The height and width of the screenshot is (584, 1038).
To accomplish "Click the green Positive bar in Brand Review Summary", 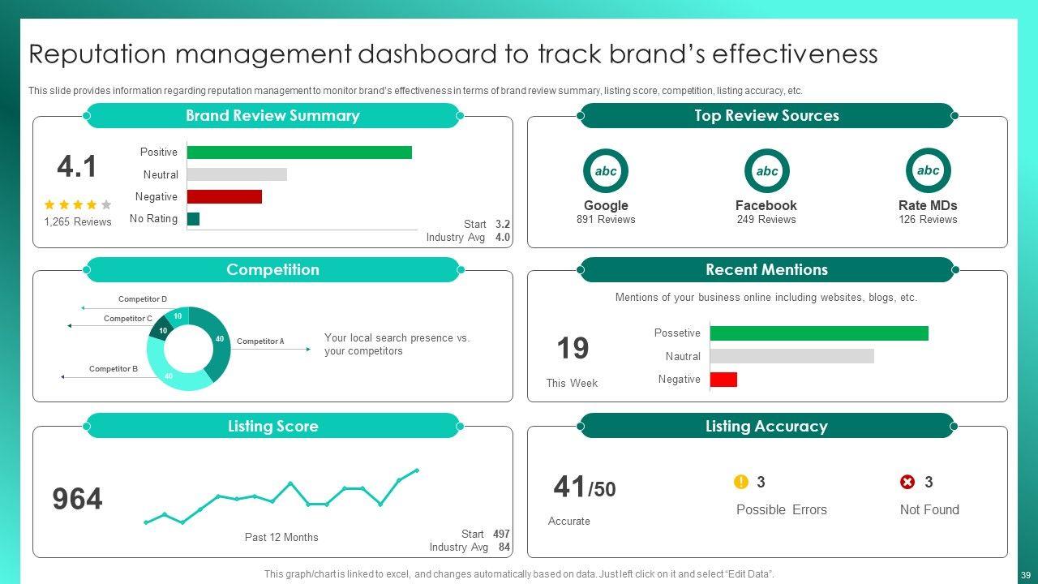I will (x=298, y=152).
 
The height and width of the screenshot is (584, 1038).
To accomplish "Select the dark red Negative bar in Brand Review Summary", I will (x=224, y=196).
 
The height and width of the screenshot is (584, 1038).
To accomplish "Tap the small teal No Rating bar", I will (x=193, y=219).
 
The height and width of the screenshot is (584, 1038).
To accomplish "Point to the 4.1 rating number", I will (x=77, y=166).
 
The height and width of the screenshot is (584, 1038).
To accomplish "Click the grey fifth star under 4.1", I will (x=106, y=205).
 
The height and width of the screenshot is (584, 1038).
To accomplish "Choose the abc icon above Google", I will (x=606, y=171).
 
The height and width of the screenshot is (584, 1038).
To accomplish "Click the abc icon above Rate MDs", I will (x=928, y=171).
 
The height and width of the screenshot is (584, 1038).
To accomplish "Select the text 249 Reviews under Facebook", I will (x=766, y=220).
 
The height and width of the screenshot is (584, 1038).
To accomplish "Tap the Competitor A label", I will (x=260, y=341).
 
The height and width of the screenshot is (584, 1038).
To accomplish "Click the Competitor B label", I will (x=114, y=369).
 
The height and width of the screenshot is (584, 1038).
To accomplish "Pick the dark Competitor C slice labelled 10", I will (x=161, y=329).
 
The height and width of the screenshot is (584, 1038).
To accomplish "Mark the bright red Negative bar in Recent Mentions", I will (x=723, y=380).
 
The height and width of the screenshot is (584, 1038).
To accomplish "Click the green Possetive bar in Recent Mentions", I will (x=818, y=333).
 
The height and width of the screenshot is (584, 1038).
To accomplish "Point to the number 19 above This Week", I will (x=573, y=349).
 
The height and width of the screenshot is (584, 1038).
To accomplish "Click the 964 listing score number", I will (x=78, y=499).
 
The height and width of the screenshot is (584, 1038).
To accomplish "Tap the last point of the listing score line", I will (x=417, y=470).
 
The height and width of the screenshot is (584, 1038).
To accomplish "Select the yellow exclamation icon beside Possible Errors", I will (x=740, y=482).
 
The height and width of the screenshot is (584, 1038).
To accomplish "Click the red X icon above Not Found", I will (x=907, y=483).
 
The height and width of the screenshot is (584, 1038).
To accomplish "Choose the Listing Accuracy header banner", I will (x=766, y=426).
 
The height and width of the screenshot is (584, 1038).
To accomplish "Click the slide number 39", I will (x=1026, y=575).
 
